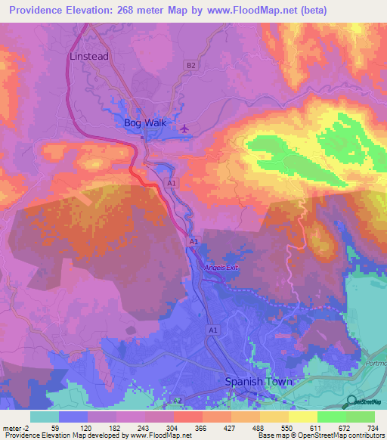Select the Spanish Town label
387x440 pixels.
tap(259, 382)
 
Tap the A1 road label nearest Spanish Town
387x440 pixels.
tap(213, 330)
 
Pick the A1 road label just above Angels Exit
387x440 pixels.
tap(193, 241)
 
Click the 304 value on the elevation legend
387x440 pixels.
tap(173, 427)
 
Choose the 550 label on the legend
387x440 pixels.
tap(288, 427)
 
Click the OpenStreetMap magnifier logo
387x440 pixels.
tap(351, 401)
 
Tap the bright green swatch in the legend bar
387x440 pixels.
tap(331, 417)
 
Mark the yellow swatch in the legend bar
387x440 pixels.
tap(302, 417)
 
